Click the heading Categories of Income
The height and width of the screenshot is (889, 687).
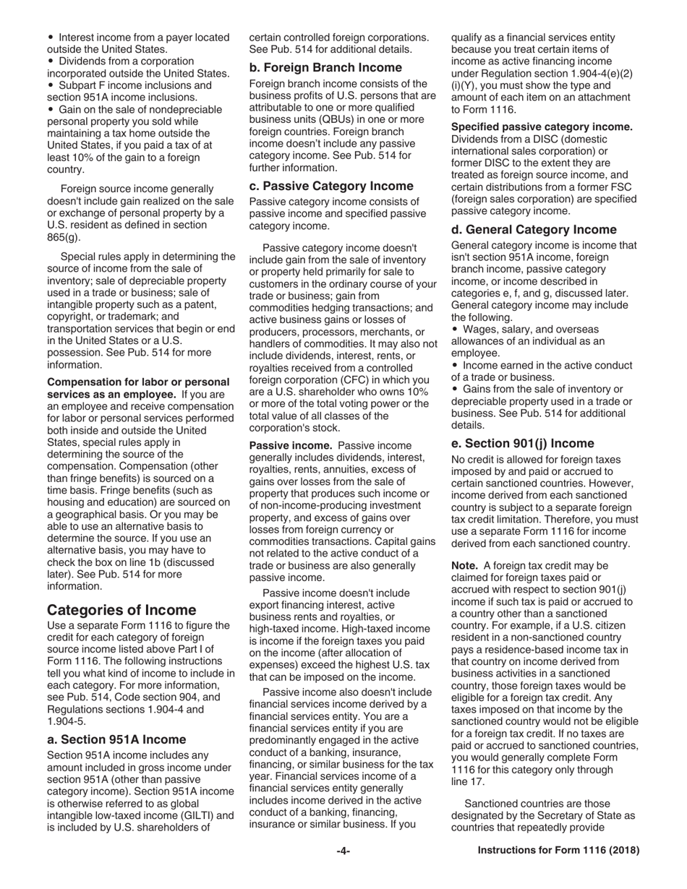coord(121,609)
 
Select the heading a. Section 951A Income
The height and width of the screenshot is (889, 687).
coord(116,739)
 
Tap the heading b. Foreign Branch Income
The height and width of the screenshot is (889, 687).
coord(325,67)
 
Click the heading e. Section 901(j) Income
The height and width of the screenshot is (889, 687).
coord(522,443)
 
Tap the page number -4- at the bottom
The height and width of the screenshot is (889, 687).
coord(343,851)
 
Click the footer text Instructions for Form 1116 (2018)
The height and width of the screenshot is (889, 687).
coord(558,851)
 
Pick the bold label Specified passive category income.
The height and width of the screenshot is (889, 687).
coord(542,126)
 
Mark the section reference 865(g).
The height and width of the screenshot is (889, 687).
coord(64,237)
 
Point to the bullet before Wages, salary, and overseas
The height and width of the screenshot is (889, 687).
coord(455,330)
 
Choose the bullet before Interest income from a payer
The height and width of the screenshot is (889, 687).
coord(51,37)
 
